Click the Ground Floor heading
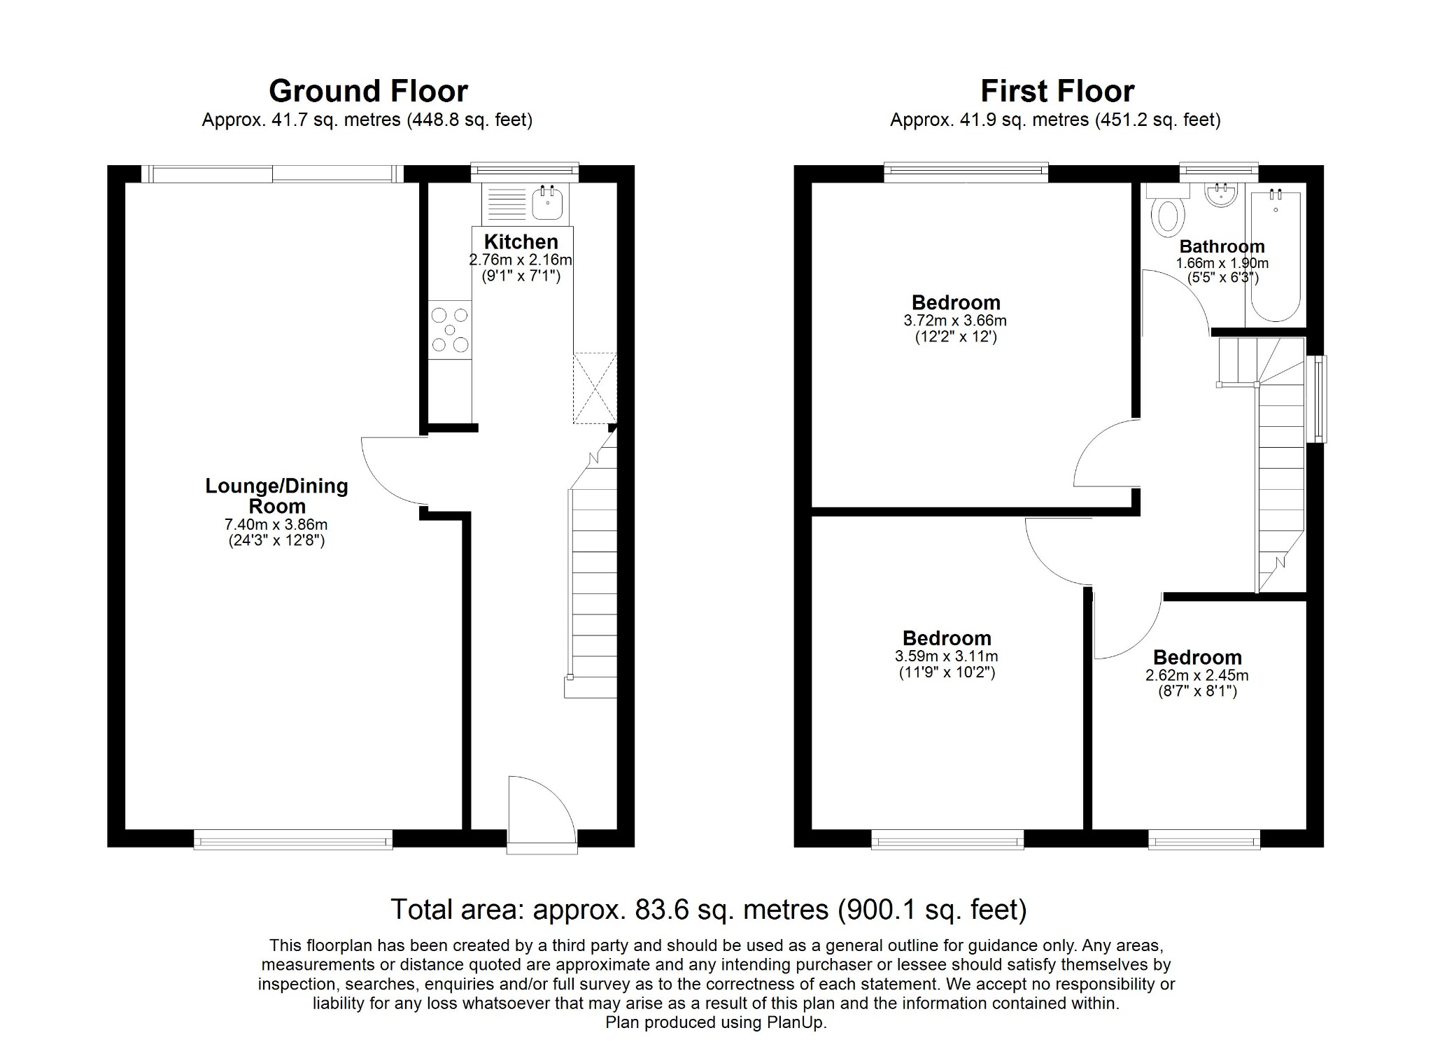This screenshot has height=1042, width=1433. (368, 91)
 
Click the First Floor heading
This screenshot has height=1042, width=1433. (1057, 91)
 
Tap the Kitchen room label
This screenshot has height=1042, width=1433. (521, 242)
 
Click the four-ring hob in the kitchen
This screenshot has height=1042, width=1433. (450, 330)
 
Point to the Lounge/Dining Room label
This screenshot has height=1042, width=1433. (276, 495)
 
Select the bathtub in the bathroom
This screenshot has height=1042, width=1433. (1275, 255)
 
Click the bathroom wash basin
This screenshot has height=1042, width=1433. (1222, 195)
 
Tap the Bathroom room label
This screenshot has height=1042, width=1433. (1222, 246)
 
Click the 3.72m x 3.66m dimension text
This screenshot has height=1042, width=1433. (955, 321)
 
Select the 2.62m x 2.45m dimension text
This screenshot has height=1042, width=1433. (1196, 676)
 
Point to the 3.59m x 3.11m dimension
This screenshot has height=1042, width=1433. (946, 657)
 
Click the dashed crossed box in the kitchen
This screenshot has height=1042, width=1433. (595, 388)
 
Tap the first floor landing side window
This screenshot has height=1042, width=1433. (1320, 399)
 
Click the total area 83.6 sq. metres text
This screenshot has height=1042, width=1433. (708, 910)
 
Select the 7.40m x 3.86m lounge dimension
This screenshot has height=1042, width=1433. (276, 525)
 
